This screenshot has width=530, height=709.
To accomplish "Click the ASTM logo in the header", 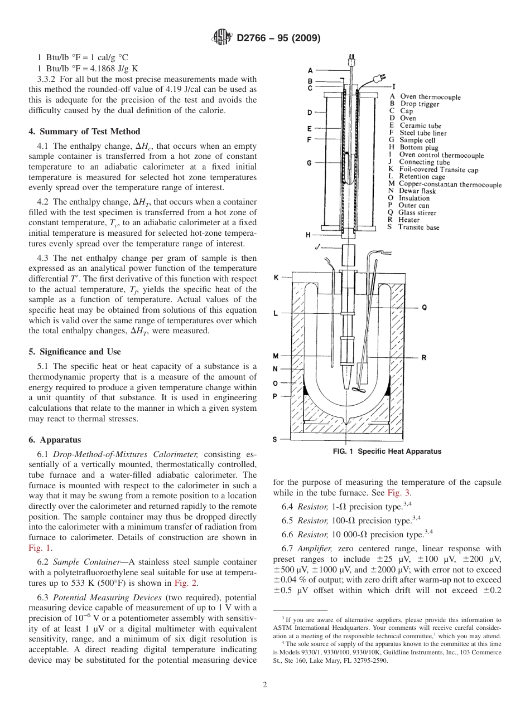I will coord(223,38).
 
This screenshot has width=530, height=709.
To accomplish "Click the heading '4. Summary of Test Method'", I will coord(84,132).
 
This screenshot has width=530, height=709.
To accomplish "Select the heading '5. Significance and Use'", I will coord(74,352).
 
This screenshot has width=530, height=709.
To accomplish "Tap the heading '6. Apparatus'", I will coord(55,440).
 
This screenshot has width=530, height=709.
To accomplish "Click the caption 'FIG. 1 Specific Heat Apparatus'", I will coord(387,451).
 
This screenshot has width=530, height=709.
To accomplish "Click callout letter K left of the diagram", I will coord(276,277).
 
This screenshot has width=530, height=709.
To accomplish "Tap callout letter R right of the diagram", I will coord(424,358).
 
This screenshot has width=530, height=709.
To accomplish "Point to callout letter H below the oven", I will coord(307,235).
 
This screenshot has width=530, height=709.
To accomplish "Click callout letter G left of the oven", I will coord(309,163).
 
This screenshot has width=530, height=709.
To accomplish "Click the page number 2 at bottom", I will coord(265,685).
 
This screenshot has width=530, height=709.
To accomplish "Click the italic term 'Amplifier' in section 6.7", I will coord(315,549).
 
